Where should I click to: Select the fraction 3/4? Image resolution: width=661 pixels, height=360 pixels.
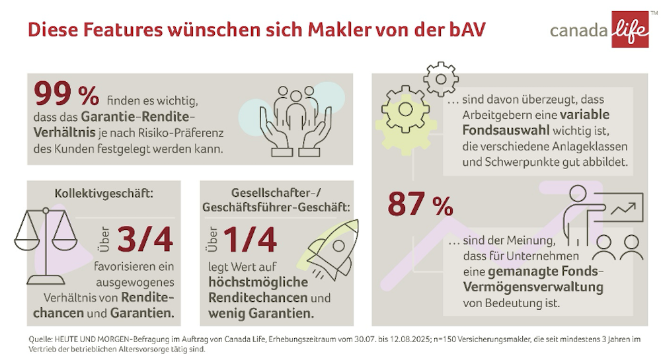click(x=145, y=240)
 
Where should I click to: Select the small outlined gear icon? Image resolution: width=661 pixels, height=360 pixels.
click(x=440, y=79)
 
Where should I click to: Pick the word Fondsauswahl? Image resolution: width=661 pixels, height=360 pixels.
click(x=492, y=131)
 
